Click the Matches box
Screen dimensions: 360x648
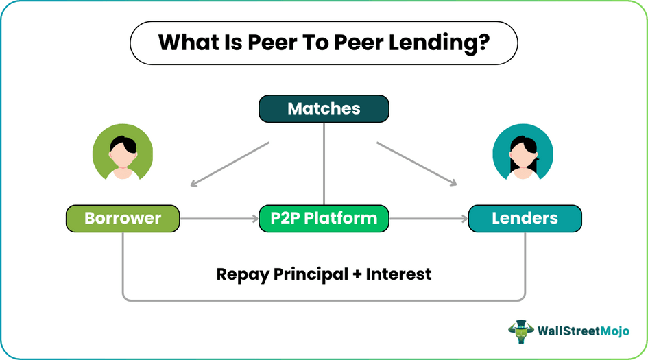click(324, 108)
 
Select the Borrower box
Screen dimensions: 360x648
click(122, 219)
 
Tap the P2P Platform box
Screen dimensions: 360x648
click(324, 219)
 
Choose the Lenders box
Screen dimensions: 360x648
click(525, 219)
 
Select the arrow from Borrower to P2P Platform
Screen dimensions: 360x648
click(219, 219)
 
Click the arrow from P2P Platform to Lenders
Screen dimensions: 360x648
click(429, 219)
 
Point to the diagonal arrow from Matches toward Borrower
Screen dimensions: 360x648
click(230, 164)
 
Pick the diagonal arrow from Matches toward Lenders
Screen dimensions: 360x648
click(416, 164)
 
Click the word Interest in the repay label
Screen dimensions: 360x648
click(398, 274)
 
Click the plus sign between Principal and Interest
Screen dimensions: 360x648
click(357, 274)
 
